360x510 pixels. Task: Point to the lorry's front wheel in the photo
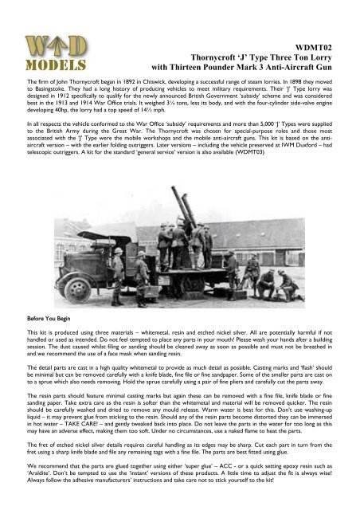coord(117,282)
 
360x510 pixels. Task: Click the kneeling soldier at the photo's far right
coord(284,278)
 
